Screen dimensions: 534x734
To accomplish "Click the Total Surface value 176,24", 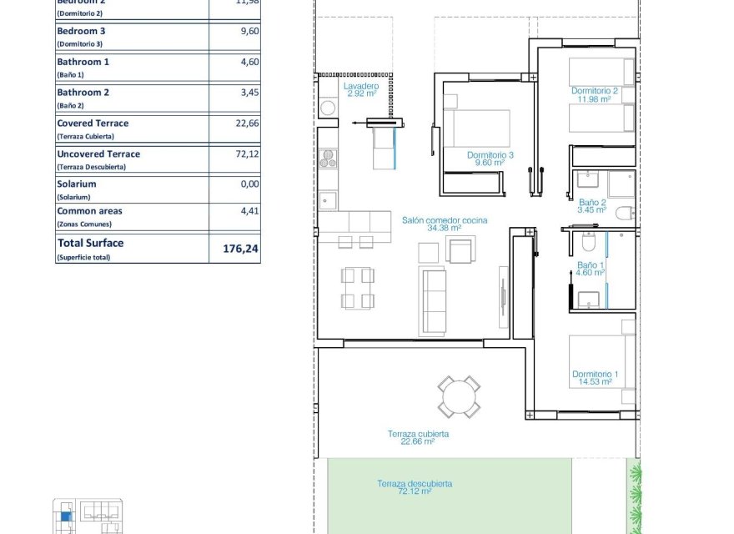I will click(x=241, y=248).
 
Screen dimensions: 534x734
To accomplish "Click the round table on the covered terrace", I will click(x=460, y=396).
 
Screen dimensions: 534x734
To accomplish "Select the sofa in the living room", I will click(x=435, y=301).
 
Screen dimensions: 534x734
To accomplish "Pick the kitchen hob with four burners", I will click(x=328, y=158).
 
